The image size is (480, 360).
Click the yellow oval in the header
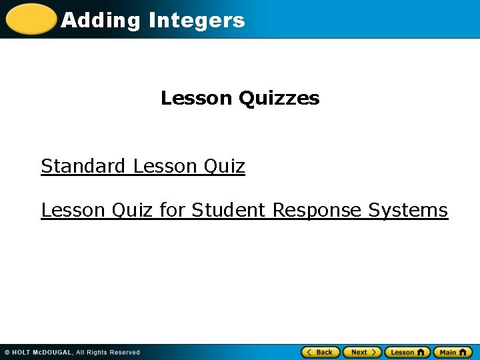pos(31,19)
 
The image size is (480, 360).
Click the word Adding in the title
pos(101,21)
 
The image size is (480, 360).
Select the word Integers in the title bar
pos(197,21)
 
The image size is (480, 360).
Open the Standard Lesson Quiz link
pos(143,166)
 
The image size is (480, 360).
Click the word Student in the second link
pos(229,210)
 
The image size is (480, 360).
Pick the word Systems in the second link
pos(408,210)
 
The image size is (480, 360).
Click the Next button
pos(362,352)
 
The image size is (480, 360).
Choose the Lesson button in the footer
pos(407,352)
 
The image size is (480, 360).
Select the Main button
pos(453,352)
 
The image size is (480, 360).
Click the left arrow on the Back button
pos(308,352)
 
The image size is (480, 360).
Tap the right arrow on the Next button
pos(375,352)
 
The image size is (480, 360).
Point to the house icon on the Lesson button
pos(421,352)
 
